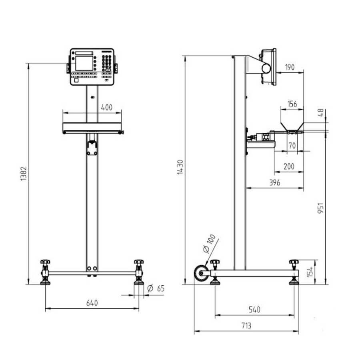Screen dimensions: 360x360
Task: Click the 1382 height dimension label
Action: coord(24,174)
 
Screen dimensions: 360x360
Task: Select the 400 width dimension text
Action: coord(107,108)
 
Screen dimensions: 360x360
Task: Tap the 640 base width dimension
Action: coord(92,303)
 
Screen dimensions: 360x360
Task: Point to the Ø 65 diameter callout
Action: coord(156,288)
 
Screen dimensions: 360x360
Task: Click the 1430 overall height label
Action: coord(180,167)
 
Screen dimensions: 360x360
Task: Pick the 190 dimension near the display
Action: coord(290,67)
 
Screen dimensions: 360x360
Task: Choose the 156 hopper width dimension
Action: coord(292,104)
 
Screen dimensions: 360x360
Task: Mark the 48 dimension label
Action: coord(321,112)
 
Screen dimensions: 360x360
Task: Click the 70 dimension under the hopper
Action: coord(292,146)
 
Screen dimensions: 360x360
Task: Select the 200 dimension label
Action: coord(289,166)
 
